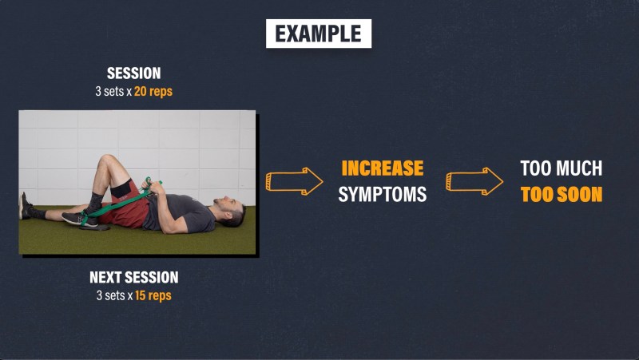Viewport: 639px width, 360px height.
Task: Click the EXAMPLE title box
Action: [319, 34]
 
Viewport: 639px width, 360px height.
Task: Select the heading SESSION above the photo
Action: [133, 73]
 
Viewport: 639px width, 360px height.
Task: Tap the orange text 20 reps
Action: [153, 91]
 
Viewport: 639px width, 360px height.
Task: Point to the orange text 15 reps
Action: [153, 295]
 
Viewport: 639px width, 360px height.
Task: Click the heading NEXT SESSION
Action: [134, 277]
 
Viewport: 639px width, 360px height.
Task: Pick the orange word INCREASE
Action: [383, 168]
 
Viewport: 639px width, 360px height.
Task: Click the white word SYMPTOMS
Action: [383, 194]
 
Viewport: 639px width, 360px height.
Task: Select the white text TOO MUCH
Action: [562, 168]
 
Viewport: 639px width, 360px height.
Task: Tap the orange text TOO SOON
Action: [562, 194]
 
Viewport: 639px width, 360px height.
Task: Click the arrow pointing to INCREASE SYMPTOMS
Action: [294, 181]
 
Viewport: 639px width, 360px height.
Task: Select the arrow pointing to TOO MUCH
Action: [474, 181]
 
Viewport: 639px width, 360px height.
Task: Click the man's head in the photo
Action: [230, 211]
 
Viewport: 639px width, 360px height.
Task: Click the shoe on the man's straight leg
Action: [25, 206]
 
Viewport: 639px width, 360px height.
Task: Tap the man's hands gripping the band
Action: [150, 186]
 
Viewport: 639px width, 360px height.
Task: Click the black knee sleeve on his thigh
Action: [121, 188]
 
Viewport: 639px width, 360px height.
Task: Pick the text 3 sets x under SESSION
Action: [113, 91]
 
